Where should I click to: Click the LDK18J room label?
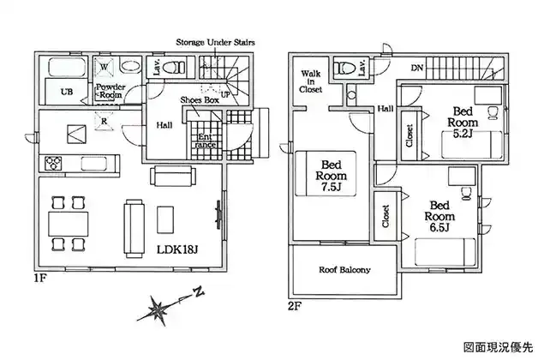pyautogui.click(x=177, y=249)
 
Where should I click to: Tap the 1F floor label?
pyautogui.click(x=39, y=278)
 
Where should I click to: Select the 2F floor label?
pyautogui.click(x=295, y=306)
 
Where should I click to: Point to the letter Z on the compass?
pyautogui.click(x=198, y=292)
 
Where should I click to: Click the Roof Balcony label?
pyautogui.click(x=344, y=270)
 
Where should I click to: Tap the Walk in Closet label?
pyautogui.click(x=310, y=81)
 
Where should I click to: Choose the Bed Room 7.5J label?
pyautogui.click(x=331, y=176)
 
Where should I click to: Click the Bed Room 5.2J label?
pyautogui.click(x=463, y=123)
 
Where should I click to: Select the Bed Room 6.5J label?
pyautogui.click(x=439, y=216)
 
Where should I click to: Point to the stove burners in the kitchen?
pyautogui.click(x=53, y=163)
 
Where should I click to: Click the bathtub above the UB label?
pyautogui.click(x=67, y=67)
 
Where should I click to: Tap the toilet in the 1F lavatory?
pyautogui.click(x=174, y=67)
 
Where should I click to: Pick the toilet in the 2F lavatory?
pyautogui.click(x=344, y=67)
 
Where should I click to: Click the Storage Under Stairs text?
pyautogui.click(x=216, y=43)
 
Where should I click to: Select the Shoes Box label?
pyautogui.click(x=200, y=100)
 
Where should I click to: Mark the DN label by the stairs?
pyautogui.click(x=417, y=68)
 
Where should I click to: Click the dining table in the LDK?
pyautogui.click(x=69, y=224)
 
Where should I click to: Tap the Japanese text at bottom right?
pyautogui.click(x=499, y=347)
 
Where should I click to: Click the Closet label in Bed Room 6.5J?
pyautogui.click(x=386, y=216)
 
